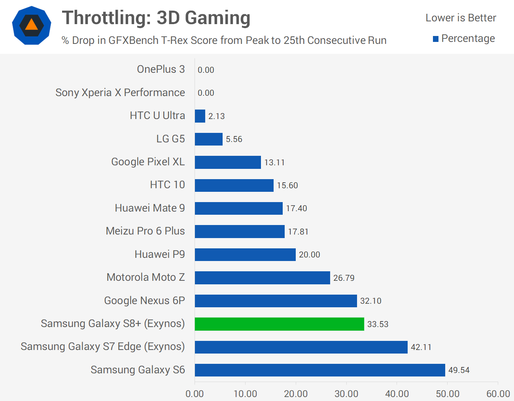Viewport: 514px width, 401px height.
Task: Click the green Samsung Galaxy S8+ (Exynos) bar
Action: click(x=279, y=324)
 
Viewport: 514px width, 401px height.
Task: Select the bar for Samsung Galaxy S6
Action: click(x=320, y=370)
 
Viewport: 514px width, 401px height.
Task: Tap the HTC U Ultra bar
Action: click(x=200, y=116)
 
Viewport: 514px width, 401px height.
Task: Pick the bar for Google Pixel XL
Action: click(x=228, y=162)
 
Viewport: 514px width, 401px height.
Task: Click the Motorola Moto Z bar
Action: click(x=262, y=278)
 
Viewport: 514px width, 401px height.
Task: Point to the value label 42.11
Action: click(x=421, y=347)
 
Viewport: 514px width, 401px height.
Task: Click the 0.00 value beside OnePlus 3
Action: click(x=206, y=70)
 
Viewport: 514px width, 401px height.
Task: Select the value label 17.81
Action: click(x=298, y=232)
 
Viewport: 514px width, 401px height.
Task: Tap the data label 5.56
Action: click(x=234, y=139)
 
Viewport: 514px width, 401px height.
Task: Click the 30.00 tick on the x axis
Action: click(x=346, y=393)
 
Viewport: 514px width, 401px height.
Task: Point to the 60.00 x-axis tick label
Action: click(x=498, y=393)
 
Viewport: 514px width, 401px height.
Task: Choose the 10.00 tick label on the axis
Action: click(x=245, y=393)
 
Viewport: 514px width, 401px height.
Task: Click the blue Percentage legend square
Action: click(x=436, y=39)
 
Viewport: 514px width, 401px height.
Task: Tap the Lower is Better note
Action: click(x=461, y=18)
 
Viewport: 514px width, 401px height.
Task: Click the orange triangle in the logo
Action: click(x=32, y=25)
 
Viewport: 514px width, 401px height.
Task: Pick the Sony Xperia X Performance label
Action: click(x=120, y=93)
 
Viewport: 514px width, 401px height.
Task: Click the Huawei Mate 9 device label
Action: click(x=150, y=208)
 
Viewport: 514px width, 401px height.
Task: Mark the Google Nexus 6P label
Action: click(x=144, y=301)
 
